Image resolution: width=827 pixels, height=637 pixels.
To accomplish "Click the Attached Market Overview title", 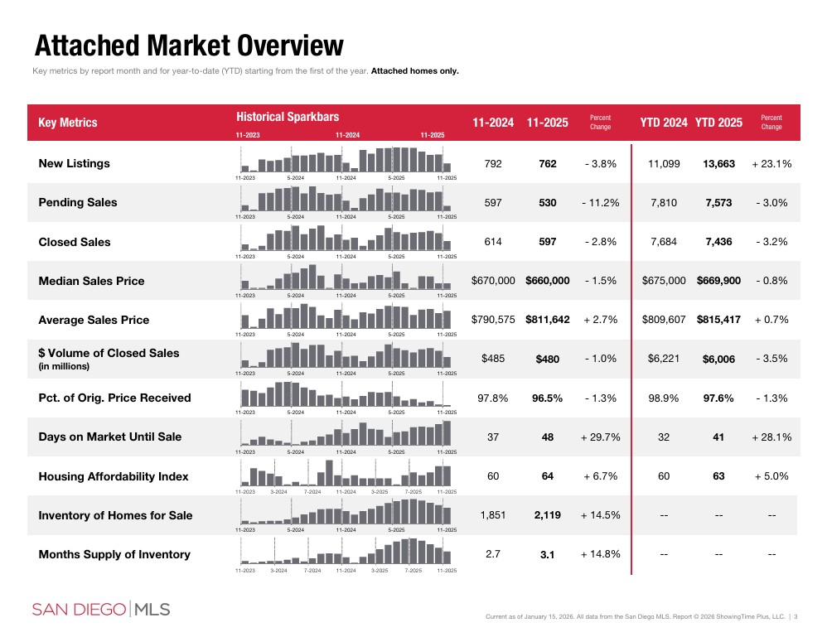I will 189,45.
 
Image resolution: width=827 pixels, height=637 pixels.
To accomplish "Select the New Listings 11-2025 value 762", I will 547,164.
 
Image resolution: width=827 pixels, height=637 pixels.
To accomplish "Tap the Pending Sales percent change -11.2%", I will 600,203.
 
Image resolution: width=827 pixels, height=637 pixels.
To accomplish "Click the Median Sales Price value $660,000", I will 547,281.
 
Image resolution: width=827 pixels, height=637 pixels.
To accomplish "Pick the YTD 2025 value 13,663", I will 718,164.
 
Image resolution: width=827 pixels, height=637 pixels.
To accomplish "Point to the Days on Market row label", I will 109,437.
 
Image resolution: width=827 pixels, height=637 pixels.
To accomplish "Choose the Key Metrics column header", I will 68,123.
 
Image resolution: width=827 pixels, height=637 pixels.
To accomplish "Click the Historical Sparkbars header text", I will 287,117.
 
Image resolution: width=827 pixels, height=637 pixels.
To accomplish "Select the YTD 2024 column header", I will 663,123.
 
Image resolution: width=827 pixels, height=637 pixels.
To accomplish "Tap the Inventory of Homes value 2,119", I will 547,515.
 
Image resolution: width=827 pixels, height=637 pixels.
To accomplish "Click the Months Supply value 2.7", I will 492,554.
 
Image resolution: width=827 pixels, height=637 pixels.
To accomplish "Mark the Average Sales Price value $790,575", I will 492,320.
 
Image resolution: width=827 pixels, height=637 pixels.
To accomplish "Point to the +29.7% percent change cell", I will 600,437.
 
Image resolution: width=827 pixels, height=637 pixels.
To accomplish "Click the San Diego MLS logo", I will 100,610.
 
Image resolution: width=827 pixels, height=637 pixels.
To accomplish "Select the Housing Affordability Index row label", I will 113,476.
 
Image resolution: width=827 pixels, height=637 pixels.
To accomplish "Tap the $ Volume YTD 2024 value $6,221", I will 663,359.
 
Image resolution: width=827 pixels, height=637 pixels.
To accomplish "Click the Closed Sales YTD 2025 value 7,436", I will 718,242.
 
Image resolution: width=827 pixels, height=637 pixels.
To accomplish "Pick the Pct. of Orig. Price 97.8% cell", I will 492,398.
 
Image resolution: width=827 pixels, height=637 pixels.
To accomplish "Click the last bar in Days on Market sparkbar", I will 447,433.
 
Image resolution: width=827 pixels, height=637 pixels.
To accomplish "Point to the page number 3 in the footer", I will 796,615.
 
